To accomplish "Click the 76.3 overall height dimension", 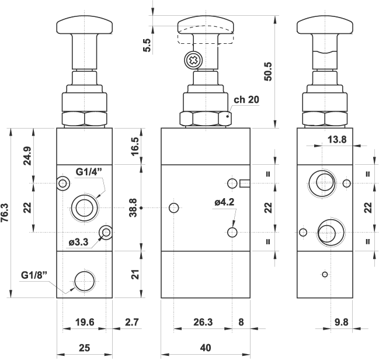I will [6, 213].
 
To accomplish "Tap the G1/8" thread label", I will [33, 275].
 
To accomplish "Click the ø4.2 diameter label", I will [224, 202].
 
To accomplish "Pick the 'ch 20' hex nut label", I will [246, 99].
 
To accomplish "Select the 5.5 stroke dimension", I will [147, 45].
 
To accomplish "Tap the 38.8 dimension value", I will [133, 207].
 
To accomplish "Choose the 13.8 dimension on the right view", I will [337, 139].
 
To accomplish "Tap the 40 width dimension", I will [205, 348].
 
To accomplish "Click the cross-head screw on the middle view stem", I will [192, 60].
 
